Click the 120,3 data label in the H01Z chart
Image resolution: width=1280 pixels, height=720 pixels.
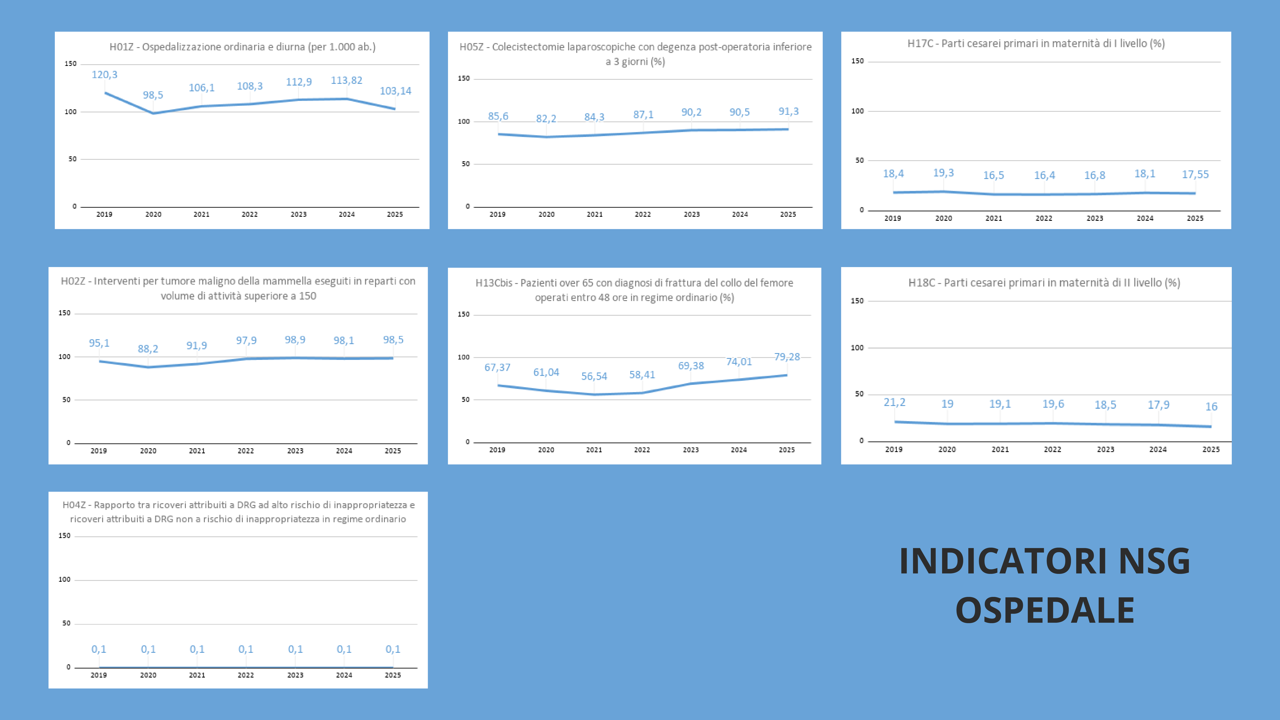click(x=104, y=74)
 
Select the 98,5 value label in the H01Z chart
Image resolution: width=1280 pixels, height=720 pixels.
click(x=153, y=95)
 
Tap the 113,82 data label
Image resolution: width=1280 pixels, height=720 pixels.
click(x=347, y=80)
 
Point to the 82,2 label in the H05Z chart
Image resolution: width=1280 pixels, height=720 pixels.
click(x=546, y=119)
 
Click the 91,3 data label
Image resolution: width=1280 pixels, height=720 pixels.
click(x=788, y=111)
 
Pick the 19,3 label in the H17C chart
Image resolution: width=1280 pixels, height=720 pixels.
click(x=943, y=173)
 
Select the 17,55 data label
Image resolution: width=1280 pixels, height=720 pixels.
click(x=1195, y=175)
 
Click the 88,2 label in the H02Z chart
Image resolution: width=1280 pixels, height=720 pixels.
click(x=148, y=349)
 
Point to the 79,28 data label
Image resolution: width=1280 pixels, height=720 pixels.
click(x=787, y=357)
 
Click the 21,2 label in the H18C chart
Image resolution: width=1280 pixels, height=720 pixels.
click(x=895, y=403)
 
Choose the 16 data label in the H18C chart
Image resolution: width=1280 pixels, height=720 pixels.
click(x=1212, y=406)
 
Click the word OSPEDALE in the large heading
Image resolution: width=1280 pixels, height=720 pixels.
click(x=1045, y=610)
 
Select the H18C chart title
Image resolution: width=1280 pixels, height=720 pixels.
click(x=1044, y=283)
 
